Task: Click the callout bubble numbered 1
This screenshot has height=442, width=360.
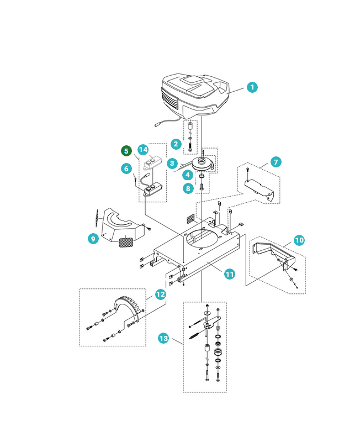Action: coord(252,87)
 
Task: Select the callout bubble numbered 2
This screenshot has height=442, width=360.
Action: coord(176,144)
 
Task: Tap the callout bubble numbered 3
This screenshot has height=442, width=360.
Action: coord(172,164)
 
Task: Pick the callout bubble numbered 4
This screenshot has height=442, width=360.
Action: coord(188,175)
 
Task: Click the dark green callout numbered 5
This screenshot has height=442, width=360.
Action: coord(126,150)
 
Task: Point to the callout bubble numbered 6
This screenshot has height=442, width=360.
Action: coord(126,169)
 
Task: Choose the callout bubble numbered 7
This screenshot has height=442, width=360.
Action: coord(276,162)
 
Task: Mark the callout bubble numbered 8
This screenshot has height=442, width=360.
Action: coord(188,188)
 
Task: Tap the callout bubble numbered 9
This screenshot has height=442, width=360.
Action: coord(93,239)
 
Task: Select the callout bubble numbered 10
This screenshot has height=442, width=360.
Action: coord(299,240)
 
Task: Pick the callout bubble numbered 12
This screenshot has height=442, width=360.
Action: coord(160,294)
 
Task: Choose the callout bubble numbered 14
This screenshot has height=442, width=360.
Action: coord(143,150)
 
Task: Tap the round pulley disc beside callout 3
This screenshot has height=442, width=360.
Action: coord(203,165)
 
